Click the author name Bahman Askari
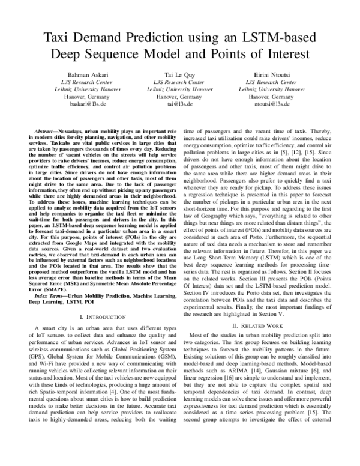[83, 72]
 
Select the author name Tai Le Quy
[179, 72]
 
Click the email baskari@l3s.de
[83, 103]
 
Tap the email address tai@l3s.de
[179, 103]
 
